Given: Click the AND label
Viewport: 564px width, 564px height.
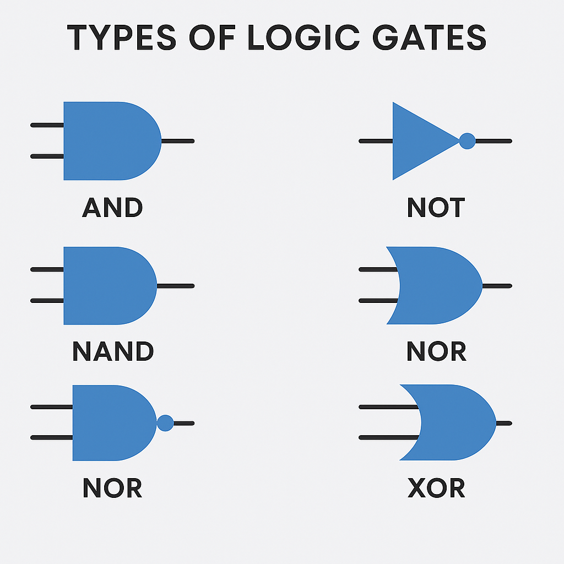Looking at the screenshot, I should point(112,208).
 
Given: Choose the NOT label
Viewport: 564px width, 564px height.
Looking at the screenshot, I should point(436,208).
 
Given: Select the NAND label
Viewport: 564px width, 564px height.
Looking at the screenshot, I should point(113,352).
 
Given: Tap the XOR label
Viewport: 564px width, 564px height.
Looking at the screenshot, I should point(436,488).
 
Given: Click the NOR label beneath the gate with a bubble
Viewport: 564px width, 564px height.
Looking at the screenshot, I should point(112,488).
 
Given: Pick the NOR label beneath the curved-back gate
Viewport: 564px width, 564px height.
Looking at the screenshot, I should point(436,352).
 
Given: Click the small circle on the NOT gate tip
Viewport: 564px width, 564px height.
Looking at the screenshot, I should point(467,141).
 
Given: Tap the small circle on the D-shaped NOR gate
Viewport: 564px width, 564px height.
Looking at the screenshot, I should point(165,423).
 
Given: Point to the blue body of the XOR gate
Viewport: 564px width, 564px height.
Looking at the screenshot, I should point(457,423).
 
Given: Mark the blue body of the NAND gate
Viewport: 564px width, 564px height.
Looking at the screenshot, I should point(107,286).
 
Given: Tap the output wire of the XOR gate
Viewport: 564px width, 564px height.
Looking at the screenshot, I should point(504,423).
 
